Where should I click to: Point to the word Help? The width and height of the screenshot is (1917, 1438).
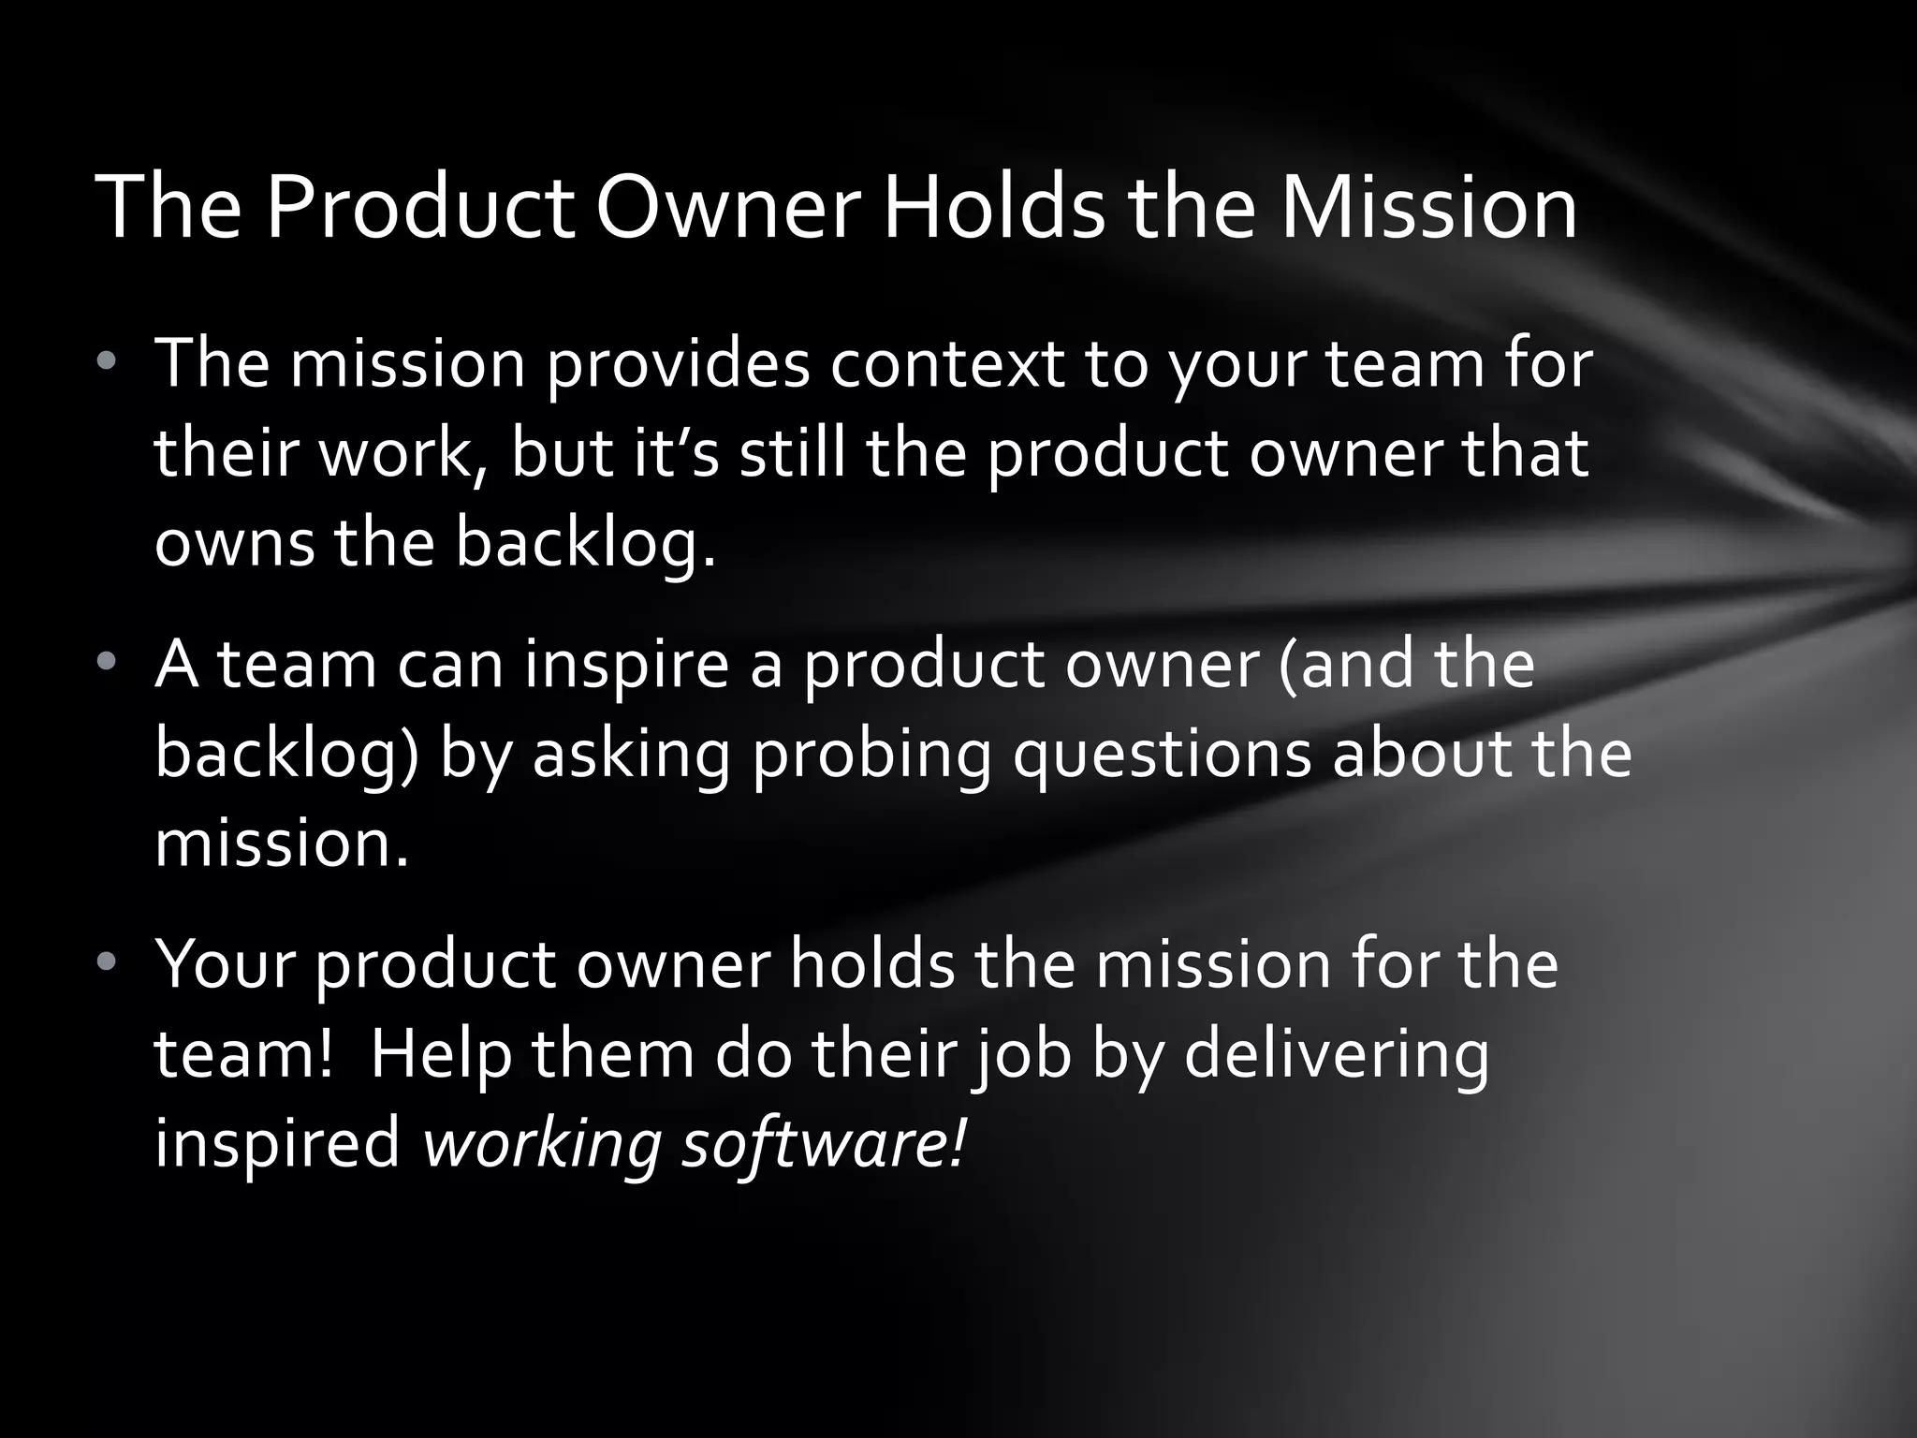click(442, 1055)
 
